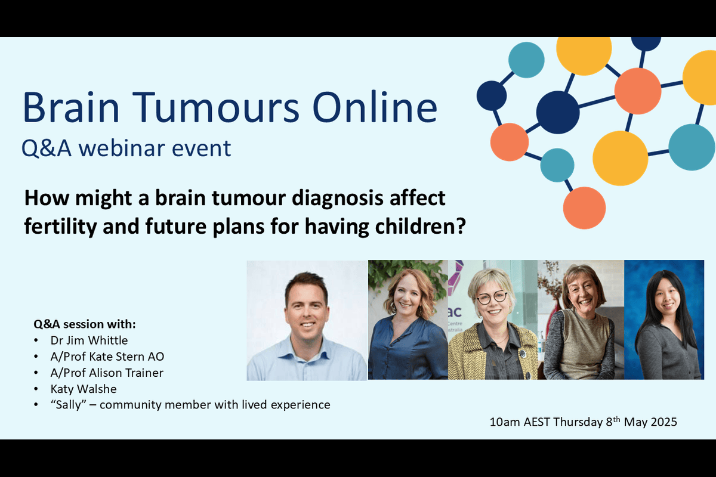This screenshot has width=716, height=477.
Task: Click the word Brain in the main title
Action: [71, 107]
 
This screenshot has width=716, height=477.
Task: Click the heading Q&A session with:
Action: [85, 324]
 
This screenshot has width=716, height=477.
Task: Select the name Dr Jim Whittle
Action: [89, 340]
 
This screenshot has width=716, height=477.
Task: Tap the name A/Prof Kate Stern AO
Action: [107, 357]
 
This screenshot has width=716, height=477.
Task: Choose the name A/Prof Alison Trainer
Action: [107, 373]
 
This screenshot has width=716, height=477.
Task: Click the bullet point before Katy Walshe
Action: [36, 389]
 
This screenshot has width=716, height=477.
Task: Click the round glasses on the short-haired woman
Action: [492, 298]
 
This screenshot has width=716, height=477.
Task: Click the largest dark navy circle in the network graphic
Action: [558, 112]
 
